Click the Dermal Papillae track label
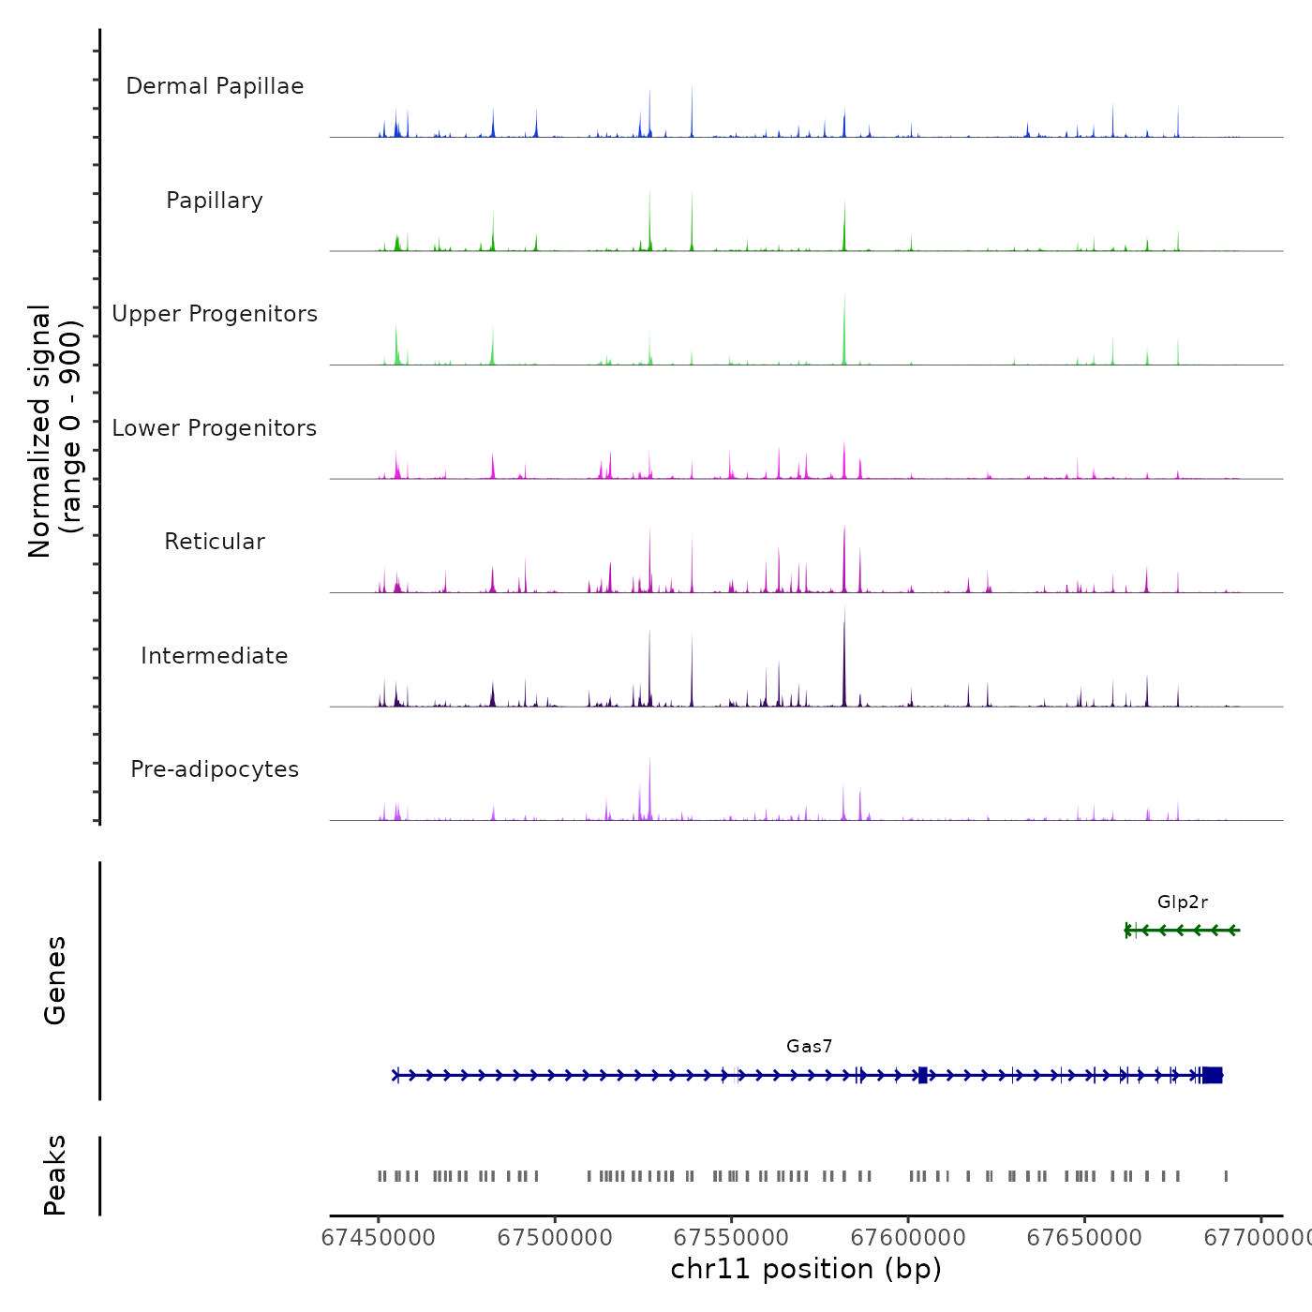(x=215, y=86)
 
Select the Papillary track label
(x=215, y=201)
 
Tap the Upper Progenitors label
(x=215, y=314)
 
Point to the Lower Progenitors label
(x=215, y=428)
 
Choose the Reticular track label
(x=215, y=542)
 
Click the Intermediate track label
(x=215, y=656)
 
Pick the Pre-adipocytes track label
(x=215, y=769)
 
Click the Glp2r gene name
(x=1183, y=902)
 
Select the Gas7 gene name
(x=810, y=1047)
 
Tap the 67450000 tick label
(x=379, y=1238)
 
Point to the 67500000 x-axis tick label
(x=555, y=1238)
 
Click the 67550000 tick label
(x=732, y=1238)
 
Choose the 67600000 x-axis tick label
(x=908, y=1238)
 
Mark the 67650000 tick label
(x=1085, y=1238)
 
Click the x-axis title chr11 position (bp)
(x=806, y=1270)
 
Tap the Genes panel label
(x=55, y=980)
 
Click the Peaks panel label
(x=55, y=1175)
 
